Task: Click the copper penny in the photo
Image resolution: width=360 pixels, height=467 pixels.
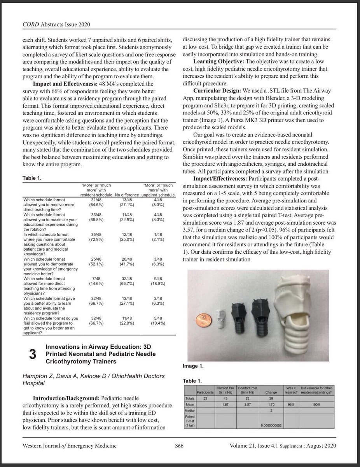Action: [x=203, y=320]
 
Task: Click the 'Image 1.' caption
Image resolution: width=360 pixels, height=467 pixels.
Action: [x=193, y=366]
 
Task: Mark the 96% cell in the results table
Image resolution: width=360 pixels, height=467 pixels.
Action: [x=289, y=404]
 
